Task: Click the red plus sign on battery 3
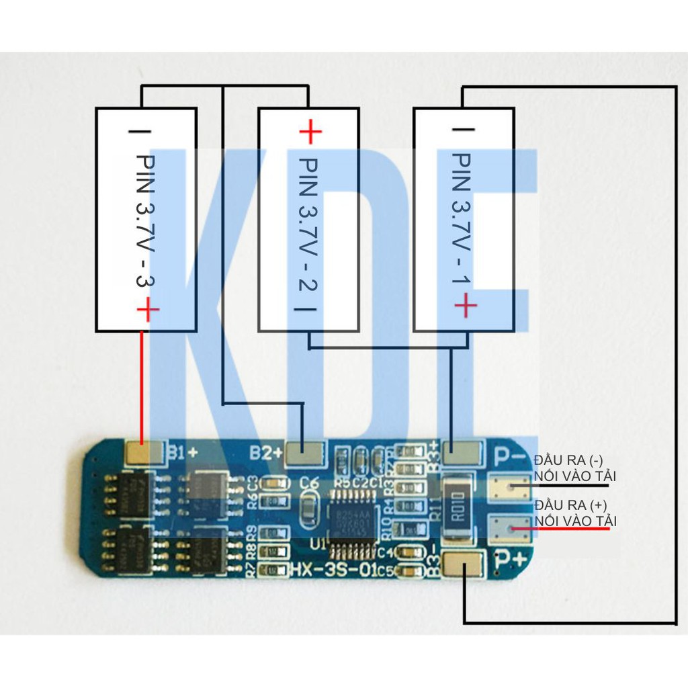pyautogui.click(x=148, y=310)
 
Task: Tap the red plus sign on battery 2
pyautogui.click(x=310, y=131)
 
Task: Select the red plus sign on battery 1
pyautogui.click(x=466, y=306)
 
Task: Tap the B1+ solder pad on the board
pyautogui.click(x=144, y=455)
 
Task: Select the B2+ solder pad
pyautogui.click(x=305, y=455)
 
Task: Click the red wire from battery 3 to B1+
pyautogui.click(x=142, y=386)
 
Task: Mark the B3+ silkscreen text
pyautogui.click(x=434, y=450)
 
